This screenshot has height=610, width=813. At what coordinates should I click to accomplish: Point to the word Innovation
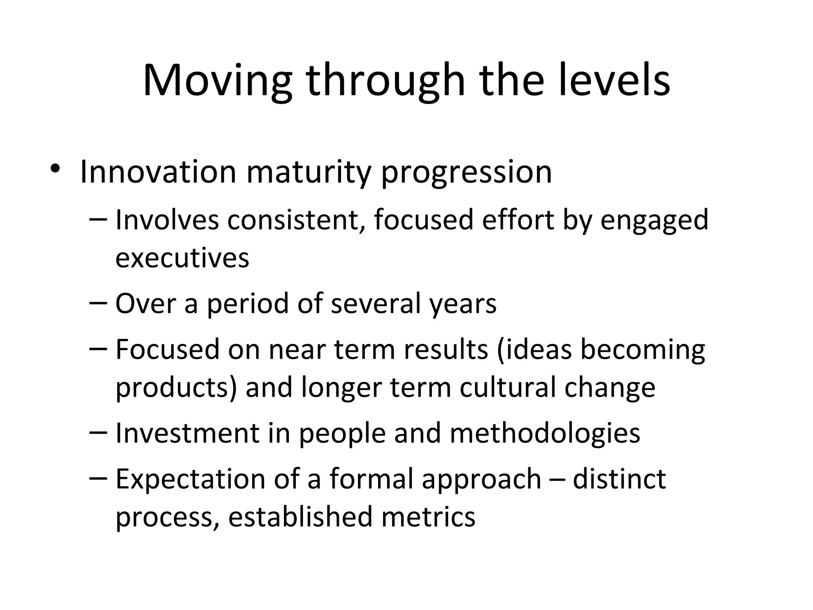158,172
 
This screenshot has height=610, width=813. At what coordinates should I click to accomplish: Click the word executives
182,259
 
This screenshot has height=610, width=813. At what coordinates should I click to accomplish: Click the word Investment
187,433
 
